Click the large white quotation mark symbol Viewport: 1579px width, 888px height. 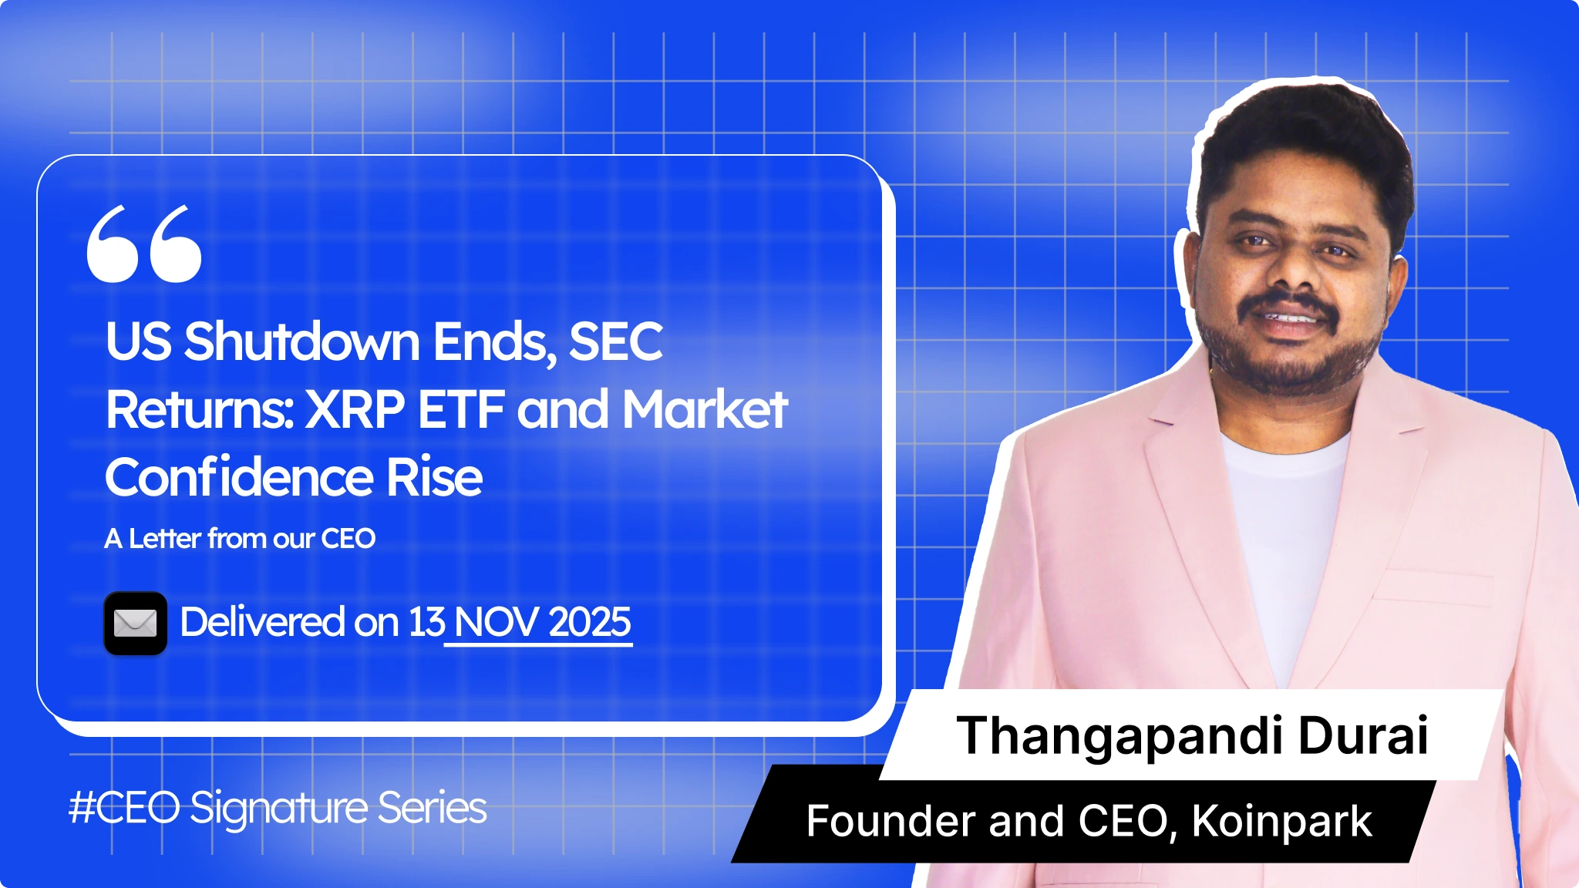pos(144,244)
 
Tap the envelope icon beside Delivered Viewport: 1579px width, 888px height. pos(136,623)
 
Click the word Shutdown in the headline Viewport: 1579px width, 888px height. pos(301,341)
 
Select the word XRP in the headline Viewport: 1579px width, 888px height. pos(355,409)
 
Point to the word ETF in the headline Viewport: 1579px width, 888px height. pos(461,409)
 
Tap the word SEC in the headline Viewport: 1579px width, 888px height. pos(615,341)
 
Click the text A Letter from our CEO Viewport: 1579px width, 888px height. pos(240,538)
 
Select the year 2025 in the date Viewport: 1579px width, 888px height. pos(590,621)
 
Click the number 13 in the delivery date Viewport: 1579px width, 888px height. pos(426,621)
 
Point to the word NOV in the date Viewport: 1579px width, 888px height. pos(497,621)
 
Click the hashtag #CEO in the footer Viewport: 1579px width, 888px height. pos(124,808)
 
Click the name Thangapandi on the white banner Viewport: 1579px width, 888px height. pos(1119,735)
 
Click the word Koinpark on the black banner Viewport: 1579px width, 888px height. pos(1281,821)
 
